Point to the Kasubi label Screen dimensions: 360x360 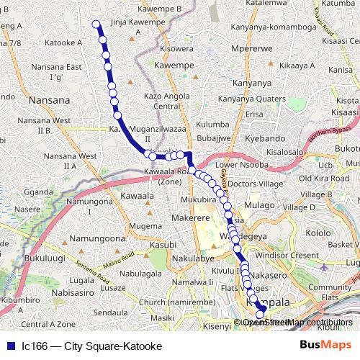pos(163,245)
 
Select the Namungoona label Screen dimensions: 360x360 pos(98,238)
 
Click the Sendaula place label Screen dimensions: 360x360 pos(111,313)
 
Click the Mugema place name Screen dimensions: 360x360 pos(145,226)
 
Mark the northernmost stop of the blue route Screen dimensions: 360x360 pos(96,24)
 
